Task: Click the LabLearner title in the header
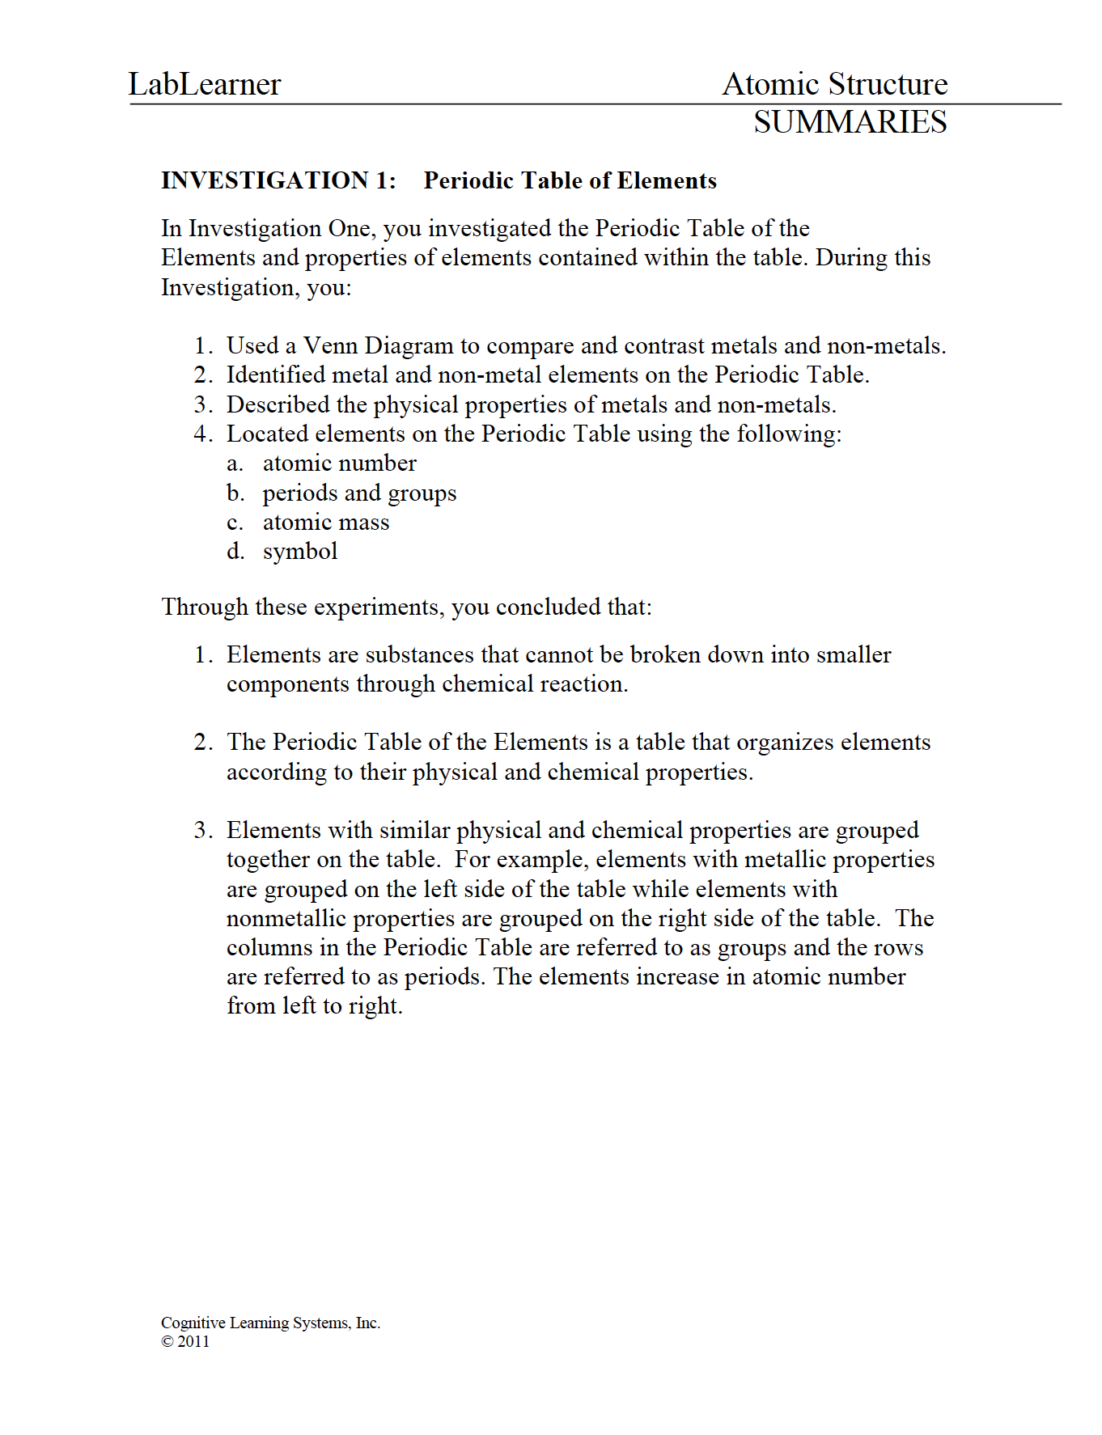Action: click(205, 84)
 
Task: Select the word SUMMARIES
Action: click(850, 122)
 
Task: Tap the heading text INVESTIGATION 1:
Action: click(278, 180)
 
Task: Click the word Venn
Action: click(330, 346)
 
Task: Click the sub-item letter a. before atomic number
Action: click(235, 464)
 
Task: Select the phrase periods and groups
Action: click(359, 493)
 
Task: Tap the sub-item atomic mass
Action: click(326, 523)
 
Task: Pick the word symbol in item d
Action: click(300, 552)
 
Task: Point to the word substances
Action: click(419, 655)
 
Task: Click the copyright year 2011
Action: click(193, 1341)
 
